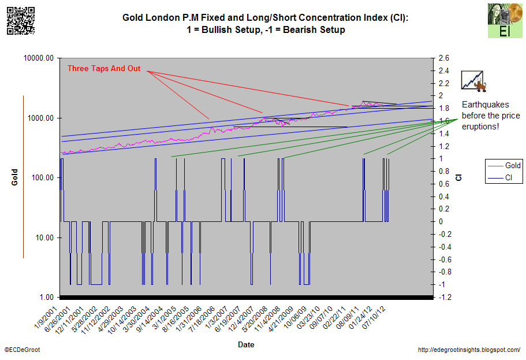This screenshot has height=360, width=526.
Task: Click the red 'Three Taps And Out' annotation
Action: tap(104, 68)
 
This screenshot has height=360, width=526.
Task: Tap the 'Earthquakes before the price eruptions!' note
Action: tap(485, 116)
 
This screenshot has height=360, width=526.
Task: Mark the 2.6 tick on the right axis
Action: tap(444, 58)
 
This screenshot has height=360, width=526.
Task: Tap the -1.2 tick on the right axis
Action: tap(445, 297)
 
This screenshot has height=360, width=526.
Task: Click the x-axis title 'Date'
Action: tap(246, 345)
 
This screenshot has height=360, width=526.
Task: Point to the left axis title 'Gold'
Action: tap(15, 177)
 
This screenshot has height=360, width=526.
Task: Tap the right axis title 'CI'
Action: tap(459, 177)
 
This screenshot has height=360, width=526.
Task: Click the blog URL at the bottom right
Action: tap(468, 350)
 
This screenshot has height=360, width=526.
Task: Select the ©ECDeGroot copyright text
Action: tap(23, 350)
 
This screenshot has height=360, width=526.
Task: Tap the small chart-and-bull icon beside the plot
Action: tap(472, 81)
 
